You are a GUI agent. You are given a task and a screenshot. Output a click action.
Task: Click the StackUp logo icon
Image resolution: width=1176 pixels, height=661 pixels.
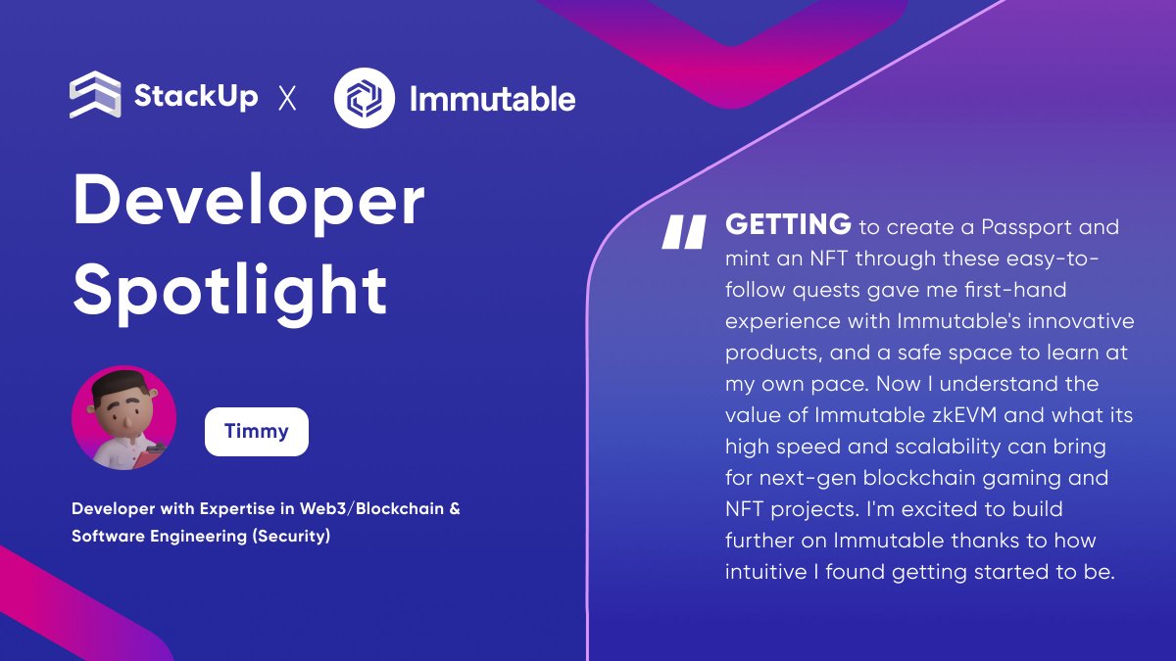95,96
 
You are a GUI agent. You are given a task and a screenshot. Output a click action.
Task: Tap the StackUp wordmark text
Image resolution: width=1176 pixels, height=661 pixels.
196,97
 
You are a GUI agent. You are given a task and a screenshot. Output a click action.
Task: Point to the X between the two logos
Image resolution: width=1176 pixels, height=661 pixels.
287,98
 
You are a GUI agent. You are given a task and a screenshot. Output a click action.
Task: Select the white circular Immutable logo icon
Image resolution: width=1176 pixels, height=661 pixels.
365,97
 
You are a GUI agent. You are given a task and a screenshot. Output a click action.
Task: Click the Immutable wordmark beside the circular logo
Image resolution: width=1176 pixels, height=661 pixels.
492,98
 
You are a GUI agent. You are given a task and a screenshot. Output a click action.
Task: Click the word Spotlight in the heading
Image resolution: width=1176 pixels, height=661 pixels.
230,289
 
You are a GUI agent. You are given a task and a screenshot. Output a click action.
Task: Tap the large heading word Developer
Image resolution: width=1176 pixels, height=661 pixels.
249,201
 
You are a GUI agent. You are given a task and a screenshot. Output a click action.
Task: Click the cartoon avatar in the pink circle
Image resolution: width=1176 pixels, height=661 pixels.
124,418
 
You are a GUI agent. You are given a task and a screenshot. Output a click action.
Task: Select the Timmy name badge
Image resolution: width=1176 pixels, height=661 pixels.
257,432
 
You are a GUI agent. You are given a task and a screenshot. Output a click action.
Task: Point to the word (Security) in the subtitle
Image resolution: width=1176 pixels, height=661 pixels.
291,538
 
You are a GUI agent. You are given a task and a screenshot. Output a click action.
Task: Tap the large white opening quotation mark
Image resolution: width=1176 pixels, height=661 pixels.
684,232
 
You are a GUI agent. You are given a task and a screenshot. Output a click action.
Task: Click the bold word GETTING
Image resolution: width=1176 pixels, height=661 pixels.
788,226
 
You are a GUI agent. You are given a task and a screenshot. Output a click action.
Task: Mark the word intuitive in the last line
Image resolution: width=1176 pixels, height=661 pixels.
765,572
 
